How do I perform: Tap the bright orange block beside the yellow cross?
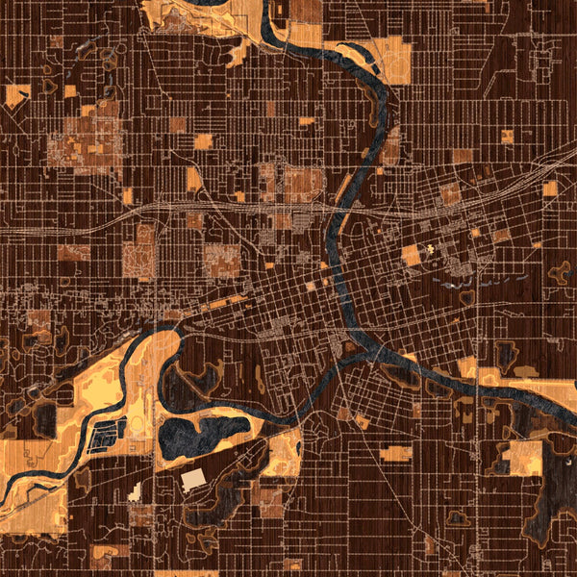pos(412,256)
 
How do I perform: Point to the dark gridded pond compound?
pos(109,438)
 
